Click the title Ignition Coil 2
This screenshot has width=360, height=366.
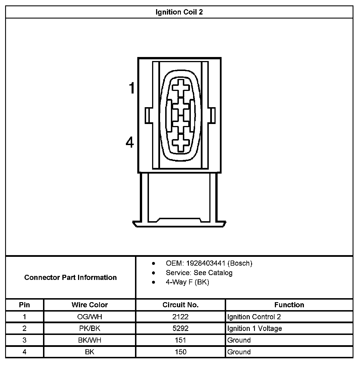click(x=179, y=12)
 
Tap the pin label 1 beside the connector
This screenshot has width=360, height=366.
click(x=132, y=88)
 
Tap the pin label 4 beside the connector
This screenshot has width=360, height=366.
click(x=130, y=142)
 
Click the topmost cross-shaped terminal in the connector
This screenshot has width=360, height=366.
click(x=181, y=88)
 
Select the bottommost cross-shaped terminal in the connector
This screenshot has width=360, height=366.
click(x=181, y=143)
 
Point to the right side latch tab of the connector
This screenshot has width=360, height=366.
click(x=212, y=115)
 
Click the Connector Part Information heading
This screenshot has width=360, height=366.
click(x=70, y=277)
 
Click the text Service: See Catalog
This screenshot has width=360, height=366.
click(x=199, y=273)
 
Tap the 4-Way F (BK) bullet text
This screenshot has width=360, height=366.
click(x=187, y=282)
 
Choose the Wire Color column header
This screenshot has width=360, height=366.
click(x=90, y=305)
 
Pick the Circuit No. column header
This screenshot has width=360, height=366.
click(x=180, y=305)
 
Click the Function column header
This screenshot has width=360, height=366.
click(x=289, y=305)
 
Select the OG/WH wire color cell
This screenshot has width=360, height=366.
click(x=90, y=317)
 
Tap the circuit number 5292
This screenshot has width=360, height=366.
click(x=180, y=328)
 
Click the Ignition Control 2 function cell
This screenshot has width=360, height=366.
click(x=254, y=317)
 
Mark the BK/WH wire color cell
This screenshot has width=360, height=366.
click(x=90, y=340)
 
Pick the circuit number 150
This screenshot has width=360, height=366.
click(x=180, y=352)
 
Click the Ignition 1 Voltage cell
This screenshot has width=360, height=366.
click(x=255, y=328)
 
